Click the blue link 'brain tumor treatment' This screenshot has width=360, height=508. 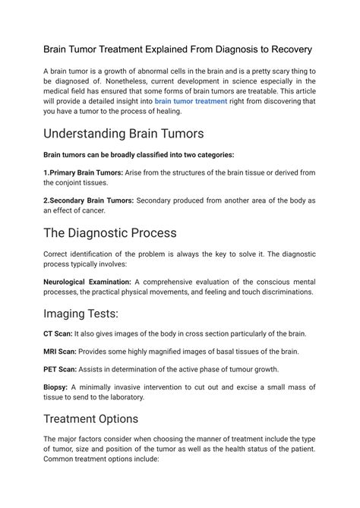coord(191,101)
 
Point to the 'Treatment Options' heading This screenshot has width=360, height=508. coord(91,418)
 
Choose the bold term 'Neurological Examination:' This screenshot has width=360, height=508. coord(87,281)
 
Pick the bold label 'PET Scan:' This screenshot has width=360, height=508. coord(61,369)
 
